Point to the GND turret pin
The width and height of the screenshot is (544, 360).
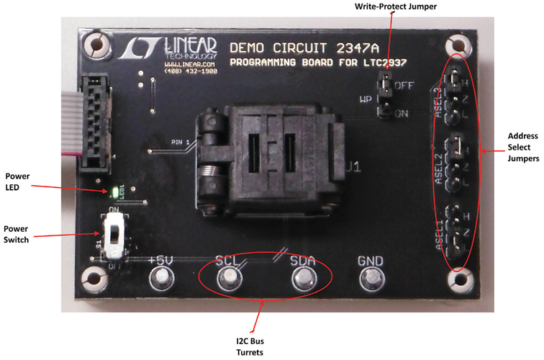tap(371, 278)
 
